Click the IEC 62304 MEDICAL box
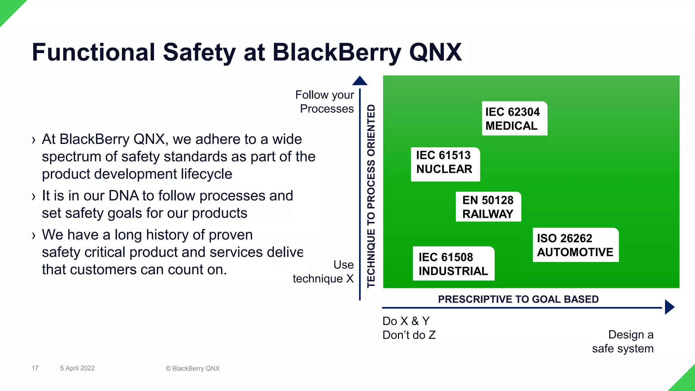pos(514,118)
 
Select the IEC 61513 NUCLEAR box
pos(445,164)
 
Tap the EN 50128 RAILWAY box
pos(488,207)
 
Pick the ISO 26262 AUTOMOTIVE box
pos(575,245)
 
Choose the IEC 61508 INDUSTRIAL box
pos(453,264)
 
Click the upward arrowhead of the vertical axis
pos(360,81)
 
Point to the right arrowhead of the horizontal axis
pos(669,307)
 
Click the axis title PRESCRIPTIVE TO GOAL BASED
pos(518,299)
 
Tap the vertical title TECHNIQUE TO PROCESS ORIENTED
pos(371,196)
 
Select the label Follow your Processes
pos(325,101)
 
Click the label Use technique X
pos(324,272)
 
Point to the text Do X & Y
pos(406,321)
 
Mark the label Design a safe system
pos(623,341)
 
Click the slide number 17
pos(35,368)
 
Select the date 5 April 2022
pos(77,368)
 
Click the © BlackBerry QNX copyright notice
pos(192,368)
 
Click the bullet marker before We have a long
pos(33,235)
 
